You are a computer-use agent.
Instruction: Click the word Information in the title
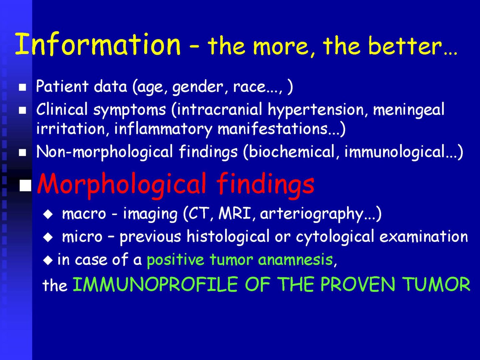point(98,44)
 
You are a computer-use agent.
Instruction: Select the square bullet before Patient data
point(23,87)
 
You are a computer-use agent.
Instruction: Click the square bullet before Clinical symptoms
point(23,110)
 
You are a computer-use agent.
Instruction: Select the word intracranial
point(219,109)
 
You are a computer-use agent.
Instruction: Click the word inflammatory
point(163,129)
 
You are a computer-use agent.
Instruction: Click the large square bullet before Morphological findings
point(25,185)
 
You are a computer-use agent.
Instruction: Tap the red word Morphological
point(122,185)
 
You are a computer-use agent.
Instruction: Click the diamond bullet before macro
point(48,214)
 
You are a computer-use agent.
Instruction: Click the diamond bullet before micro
point(48,237)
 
